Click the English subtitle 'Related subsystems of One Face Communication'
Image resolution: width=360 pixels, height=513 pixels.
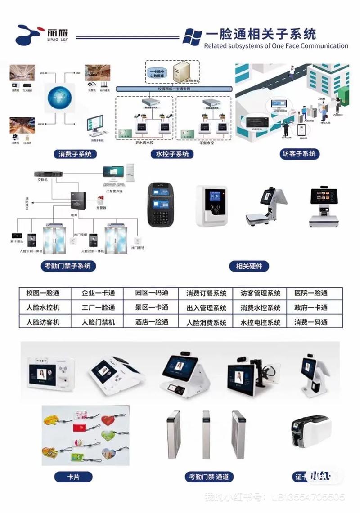click(x=276, y=46)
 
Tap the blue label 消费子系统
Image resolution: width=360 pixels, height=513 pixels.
click(x=75, y=154)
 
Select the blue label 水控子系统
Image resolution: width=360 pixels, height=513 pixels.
click(x=172, y=154)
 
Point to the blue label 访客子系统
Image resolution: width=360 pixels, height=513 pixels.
click(x=299, y=154)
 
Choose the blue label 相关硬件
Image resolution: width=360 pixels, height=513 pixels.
click(x=249, y=266)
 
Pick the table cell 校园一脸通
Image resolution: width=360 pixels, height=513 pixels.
click(x=43, y=293)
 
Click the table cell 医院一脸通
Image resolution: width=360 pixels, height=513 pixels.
click(x=311, y=293)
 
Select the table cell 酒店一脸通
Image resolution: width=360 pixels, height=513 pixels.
click(x=152, y=322)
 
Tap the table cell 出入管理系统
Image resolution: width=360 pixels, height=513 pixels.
click(x=207, y=308)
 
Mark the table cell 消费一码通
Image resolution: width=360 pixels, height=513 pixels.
click(x=311, y=322)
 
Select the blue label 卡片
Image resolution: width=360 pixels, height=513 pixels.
click(x=73, y=477)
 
